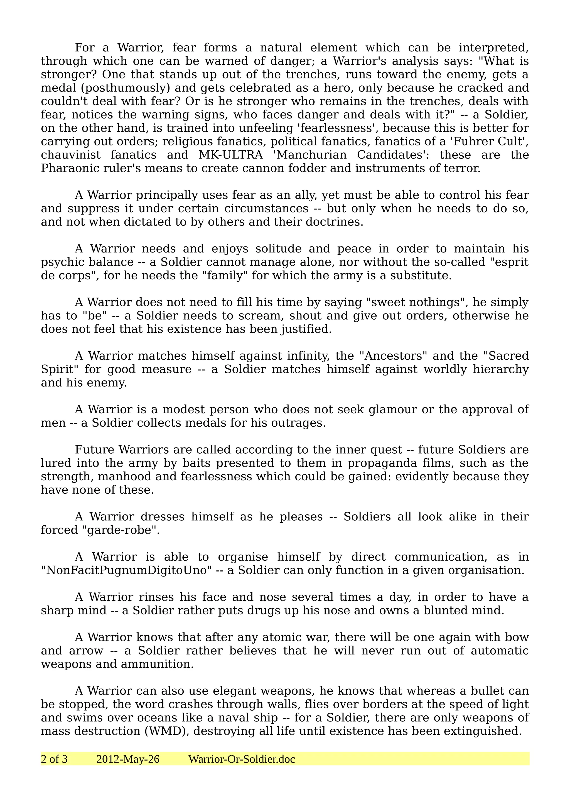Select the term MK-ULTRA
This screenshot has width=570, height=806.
pyautogui.click(x=230, y=155)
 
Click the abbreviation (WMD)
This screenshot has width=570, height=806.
pyautogui.click(x=166, y=731)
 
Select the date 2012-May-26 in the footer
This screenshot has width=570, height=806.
pyautogui.click(x=128, y=759)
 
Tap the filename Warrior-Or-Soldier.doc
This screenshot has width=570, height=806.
pyautogui.click(x=242, y=759)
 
